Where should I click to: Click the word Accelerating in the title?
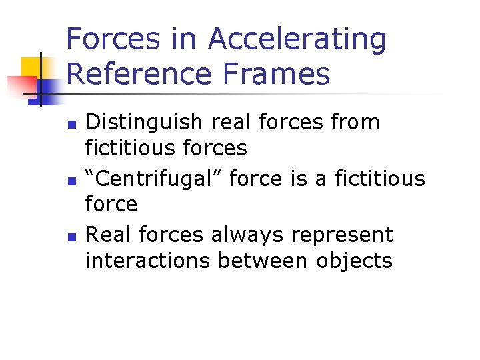tap(297, 39)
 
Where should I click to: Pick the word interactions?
tap(147, 260)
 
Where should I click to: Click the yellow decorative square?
tap(32, 68)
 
